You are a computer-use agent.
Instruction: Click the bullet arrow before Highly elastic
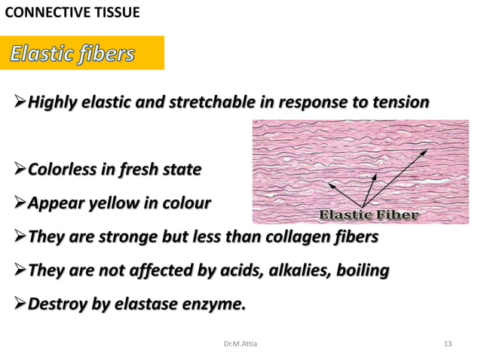click(20, 102)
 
